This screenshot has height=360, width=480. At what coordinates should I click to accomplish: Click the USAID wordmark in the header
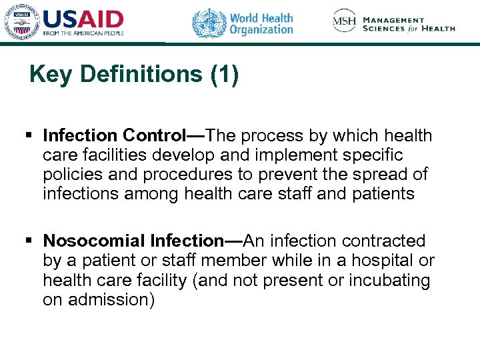click(83, 18)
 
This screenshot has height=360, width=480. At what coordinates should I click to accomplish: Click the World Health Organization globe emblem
click(209, 23)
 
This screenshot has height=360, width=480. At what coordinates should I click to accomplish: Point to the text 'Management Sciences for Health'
click(409, 25)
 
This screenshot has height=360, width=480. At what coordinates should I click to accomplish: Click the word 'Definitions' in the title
click(141, 75)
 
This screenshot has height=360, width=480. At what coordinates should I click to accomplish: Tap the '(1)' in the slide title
click(224, 75)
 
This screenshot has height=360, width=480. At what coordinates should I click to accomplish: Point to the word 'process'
click(273, 136)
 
